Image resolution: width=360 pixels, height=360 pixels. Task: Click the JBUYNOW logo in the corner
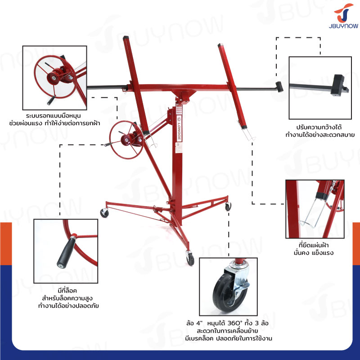[343, 16]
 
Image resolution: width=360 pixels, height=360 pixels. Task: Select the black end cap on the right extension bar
[279, 86]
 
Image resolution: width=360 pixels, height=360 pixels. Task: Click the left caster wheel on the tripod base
[104, 213]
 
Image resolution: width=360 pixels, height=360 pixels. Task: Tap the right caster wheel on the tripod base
[228, 207]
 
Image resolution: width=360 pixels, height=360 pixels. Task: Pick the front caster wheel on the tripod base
[190, 259]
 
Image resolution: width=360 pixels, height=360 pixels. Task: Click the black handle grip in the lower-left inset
[66, 253]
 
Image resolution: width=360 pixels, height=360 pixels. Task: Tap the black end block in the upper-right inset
[338, 85]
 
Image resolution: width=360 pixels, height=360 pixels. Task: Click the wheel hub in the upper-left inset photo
[54, 78]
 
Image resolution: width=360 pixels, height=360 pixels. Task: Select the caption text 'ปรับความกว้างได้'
[319, 127]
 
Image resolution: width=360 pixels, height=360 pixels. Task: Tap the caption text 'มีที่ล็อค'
[67, 290]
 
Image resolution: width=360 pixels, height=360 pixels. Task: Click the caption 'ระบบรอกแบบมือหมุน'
[54, 116]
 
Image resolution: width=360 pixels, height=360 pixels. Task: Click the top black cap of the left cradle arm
[126, 38]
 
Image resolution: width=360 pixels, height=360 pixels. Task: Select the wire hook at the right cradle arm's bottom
[248, 133]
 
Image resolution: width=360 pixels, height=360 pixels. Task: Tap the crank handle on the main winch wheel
[108, 144]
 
